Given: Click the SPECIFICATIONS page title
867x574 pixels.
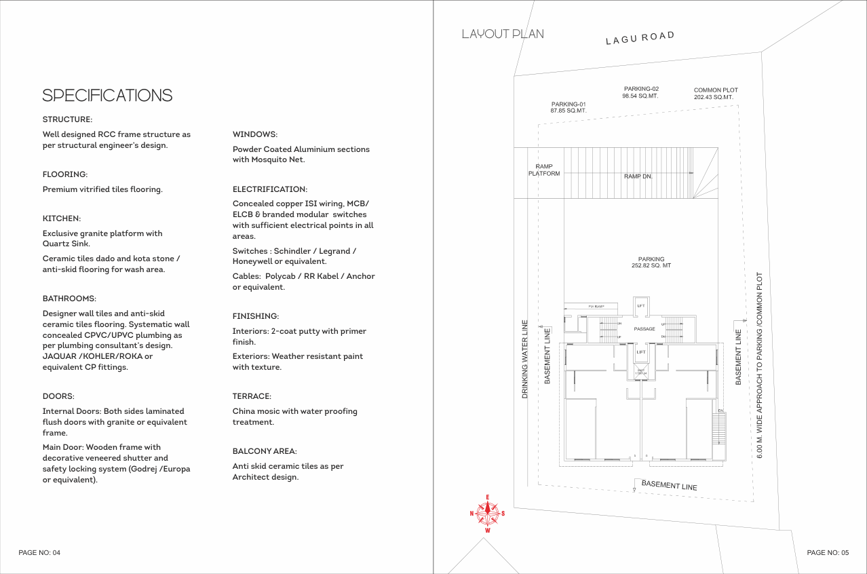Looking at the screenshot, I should click(107, 96).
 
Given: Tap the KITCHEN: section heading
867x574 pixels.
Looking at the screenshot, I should click(62, 218).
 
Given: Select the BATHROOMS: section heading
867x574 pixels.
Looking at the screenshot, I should click(69, 299).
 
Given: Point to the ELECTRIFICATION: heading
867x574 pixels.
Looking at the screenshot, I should click(270, 189).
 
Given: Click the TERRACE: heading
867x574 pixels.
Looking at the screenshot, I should click(252, 396).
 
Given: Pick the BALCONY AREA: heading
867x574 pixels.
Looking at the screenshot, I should click(265, 451).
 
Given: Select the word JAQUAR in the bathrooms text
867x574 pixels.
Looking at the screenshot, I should click(60, 356).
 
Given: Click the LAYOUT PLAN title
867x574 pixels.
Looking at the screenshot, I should click(503, 34).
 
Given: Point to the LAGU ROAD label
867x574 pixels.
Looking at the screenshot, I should click(640, 38).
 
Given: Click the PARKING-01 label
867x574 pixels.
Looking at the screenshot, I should click(569, 104).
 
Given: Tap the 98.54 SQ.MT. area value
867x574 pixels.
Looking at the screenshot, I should click(640, 96).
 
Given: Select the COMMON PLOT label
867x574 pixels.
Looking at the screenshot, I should click(716, 90).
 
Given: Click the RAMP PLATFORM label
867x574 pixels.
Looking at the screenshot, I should click(544, 170).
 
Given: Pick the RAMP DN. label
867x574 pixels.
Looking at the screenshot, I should click(638, 176).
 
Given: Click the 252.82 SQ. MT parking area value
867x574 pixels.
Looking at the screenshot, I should click(651, 265).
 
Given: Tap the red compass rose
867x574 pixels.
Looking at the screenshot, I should click(487, 514).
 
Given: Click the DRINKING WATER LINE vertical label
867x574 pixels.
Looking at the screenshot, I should click(525, 358).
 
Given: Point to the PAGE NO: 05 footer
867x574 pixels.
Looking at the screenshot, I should click(828, 553).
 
